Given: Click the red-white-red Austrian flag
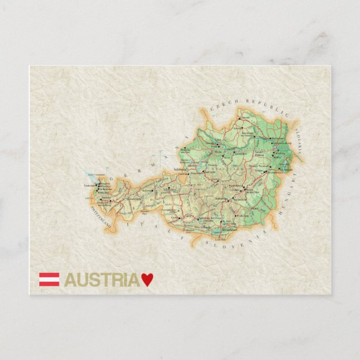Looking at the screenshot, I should coord(49,280).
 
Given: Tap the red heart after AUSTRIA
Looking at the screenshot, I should coord(146,280).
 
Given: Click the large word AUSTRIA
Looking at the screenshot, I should coord(102,280).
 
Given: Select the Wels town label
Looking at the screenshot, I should coord(217,151).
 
